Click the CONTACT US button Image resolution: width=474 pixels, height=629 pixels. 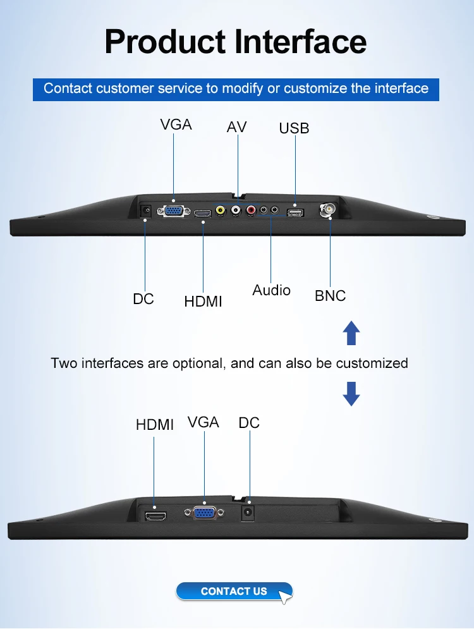tap(234, 591)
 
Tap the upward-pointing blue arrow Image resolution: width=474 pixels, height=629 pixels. tap(351, 333)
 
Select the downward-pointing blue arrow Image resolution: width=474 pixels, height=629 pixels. tap(351, 394)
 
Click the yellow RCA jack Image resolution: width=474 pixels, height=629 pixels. tap(220, 210)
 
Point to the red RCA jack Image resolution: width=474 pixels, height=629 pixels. tap(251, 210)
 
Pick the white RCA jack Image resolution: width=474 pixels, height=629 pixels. tap(236, 210)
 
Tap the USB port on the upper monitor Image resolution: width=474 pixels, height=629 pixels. tap(295, 212)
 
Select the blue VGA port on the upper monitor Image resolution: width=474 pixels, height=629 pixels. tap(174, 211)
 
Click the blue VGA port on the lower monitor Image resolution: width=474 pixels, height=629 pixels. tap(204, 513)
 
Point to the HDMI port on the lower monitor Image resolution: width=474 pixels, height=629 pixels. tap(155, 516)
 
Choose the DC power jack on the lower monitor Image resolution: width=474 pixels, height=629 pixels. tap(248, 513)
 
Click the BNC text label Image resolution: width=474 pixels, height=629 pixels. tap(330, 296)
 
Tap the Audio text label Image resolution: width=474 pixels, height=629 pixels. tap(272, 290)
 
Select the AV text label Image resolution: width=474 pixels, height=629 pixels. tap(236, 127)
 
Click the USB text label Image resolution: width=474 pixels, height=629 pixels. tap(294, 128)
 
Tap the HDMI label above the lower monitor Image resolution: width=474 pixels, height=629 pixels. tap(155, 425)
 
